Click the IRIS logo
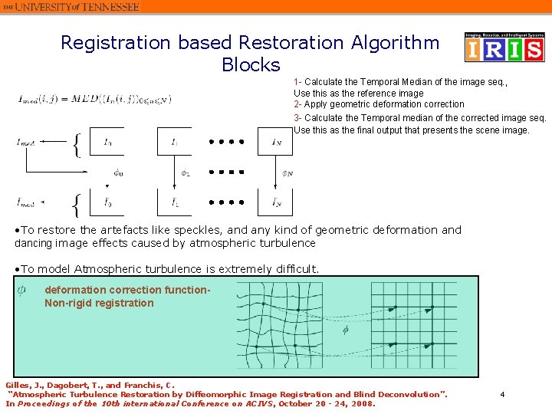tap(504, 48)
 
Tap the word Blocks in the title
tap(251, 64)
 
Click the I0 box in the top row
tap(107, 142)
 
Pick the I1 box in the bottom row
tap(175, 202)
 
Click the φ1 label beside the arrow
tap(185, 172)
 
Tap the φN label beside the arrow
tap(287, 172)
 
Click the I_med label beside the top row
tap(25, 142)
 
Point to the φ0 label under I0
tap(117, 172)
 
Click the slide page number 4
tap(502, 394)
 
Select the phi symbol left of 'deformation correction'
tap(21, 290)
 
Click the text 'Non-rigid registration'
tap(99, 303)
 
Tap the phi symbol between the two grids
tap(346, 330)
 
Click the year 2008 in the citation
tap(360, 403)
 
